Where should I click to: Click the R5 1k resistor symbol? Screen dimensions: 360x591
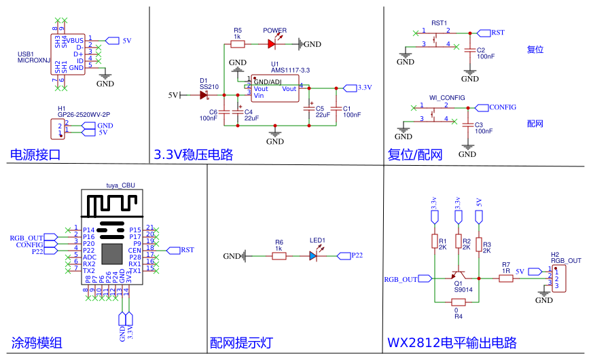tap(237, 44)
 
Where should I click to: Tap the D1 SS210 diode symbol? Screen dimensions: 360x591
tap(203, 95)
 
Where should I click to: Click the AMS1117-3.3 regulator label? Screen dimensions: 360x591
tap(290, 71)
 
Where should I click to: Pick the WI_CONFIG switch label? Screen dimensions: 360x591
tap(447, 98)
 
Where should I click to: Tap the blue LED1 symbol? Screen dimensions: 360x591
tap(313, 256)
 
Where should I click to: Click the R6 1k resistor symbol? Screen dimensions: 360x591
tap(279, 256)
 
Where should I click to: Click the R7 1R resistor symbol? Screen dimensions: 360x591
tap(505, 278)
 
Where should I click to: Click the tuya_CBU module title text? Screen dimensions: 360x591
tap(120, 185)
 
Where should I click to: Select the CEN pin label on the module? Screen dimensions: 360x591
tap(135, 250)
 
